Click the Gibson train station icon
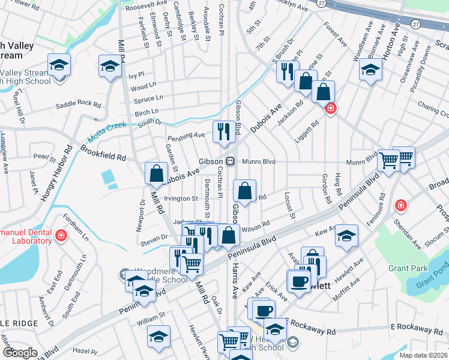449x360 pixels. [x=231, y=161]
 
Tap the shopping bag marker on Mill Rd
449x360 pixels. [x=156, y=173]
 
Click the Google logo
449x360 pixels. [x=19, y=353]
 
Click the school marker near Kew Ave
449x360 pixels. [x=346, y=235]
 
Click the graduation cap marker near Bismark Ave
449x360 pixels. [x=370, y=70]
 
